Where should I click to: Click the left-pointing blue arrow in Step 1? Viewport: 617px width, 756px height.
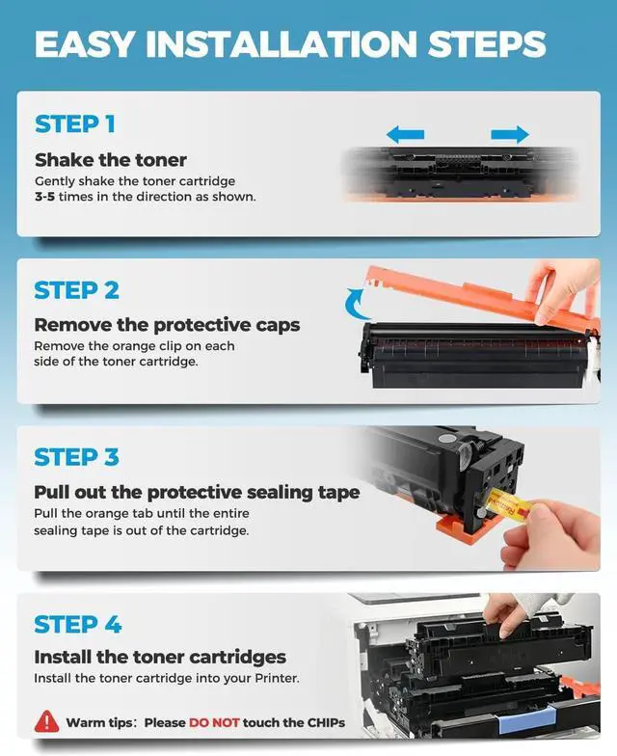pos(405,134)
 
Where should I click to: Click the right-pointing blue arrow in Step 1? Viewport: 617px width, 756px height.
pos(510,134)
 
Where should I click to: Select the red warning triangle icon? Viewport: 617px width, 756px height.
pos(46,721)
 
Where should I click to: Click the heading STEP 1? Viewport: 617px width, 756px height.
pos(75,123)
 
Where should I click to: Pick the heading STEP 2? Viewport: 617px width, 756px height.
pos(77,290)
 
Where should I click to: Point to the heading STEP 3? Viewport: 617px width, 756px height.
pos(77,457)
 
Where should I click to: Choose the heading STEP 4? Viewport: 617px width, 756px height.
pos(77,624)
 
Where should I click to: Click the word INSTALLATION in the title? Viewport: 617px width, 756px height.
pos(282,44)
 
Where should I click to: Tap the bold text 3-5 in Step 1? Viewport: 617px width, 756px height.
pos(44,197)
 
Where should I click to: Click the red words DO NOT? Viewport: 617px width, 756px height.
pos(214,723)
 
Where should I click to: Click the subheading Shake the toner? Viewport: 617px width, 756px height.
pos(110,160)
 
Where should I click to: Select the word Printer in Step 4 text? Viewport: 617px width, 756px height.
pos(277,678)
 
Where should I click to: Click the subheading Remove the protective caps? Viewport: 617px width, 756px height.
pos(167,326)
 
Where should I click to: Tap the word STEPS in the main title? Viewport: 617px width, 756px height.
pos(486,44)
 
